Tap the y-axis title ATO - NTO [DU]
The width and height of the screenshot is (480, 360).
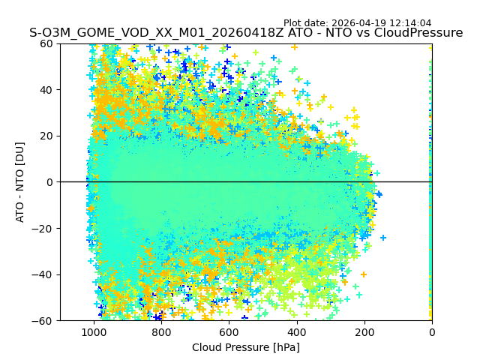pyautogui.click(x=20, y=182)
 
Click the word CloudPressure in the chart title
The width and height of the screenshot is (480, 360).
pyautogui.click(x=419, y=33)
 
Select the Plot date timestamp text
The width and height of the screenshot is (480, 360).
pyautogui.click(x=358, y=23)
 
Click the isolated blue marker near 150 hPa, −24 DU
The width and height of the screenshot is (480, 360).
pyautogui.click(x=383, y=238)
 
